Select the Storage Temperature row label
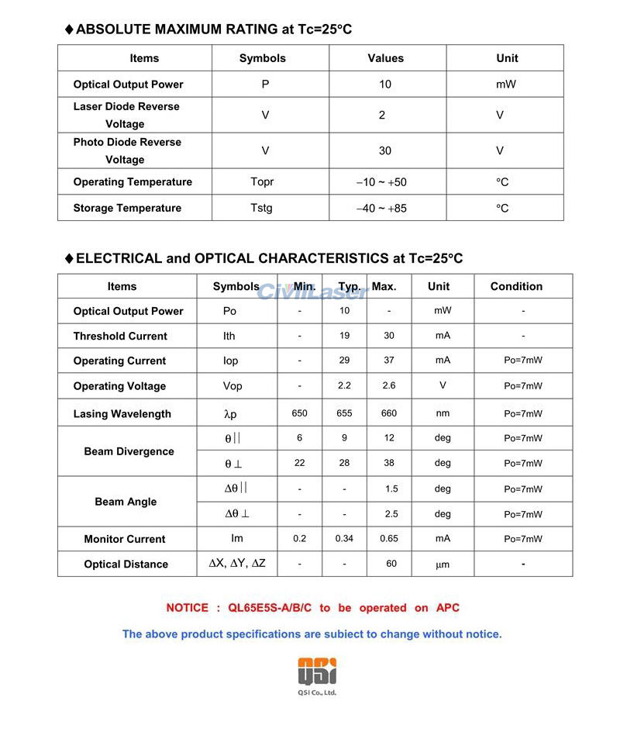127,208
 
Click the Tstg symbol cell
262,208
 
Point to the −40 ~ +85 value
381,208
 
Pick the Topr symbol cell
262,182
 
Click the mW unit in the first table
505,85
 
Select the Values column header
385,58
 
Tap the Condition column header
516,286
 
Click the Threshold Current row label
120,336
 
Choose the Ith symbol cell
229,336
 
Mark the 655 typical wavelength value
344,413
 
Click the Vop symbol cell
233,386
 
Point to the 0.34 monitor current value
344,539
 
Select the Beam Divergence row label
129,451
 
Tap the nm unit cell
443,413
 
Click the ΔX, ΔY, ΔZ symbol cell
237,564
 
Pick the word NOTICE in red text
187,608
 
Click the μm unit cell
443,565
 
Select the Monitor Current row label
125,539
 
